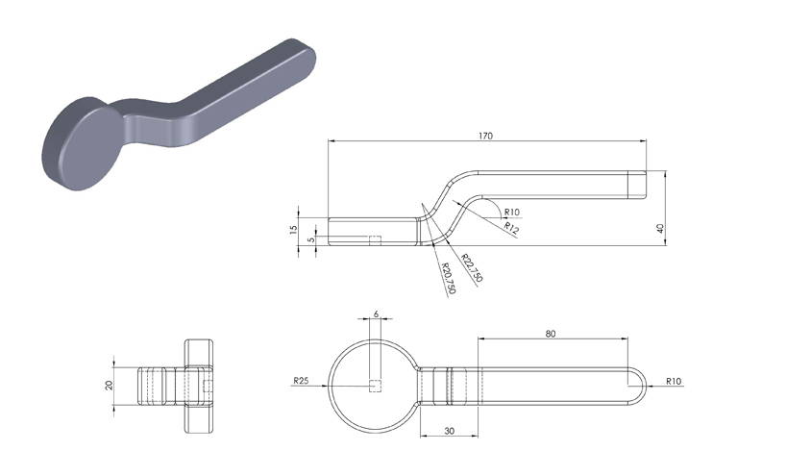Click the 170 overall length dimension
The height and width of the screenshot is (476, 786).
coord(485,136)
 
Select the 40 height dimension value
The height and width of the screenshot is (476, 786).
coord(660,228)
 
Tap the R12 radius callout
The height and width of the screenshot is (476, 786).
coord(511,229)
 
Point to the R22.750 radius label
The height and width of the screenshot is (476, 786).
coord(472,268)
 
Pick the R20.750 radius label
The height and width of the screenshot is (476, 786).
coord(448,278)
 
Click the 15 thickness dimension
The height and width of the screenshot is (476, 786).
coord(294,229)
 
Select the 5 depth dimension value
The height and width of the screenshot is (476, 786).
coord(311,239)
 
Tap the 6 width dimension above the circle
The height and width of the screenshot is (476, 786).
coord(376,314)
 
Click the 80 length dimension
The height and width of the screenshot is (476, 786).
coord(551,334)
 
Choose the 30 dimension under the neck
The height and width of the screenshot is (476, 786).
coord(449,431)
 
